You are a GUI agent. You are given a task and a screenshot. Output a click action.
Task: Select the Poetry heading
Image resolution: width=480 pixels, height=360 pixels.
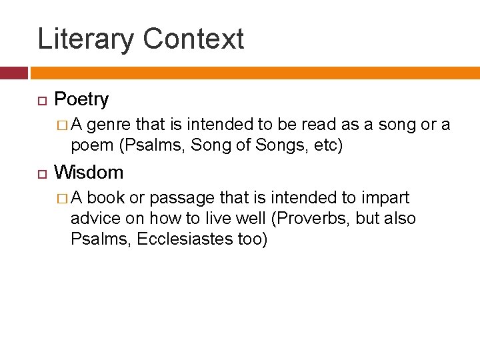click(x=81, y=100)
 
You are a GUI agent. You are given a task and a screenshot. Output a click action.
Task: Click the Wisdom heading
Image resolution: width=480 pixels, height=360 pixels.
click(x=89, y=173)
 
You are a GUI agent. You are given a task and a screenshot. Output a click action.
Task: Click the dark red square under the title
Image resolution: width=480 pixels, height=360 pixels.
click(x=13, y=73)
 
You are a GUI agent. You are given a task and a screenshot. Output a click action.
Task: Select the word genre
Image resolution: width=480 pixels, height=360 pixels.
click(x=110, y=125)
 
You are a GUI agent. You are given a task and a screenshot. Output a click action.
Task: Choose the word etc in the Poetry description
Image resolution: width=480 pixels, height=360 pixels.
click(x=325, y=145)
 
